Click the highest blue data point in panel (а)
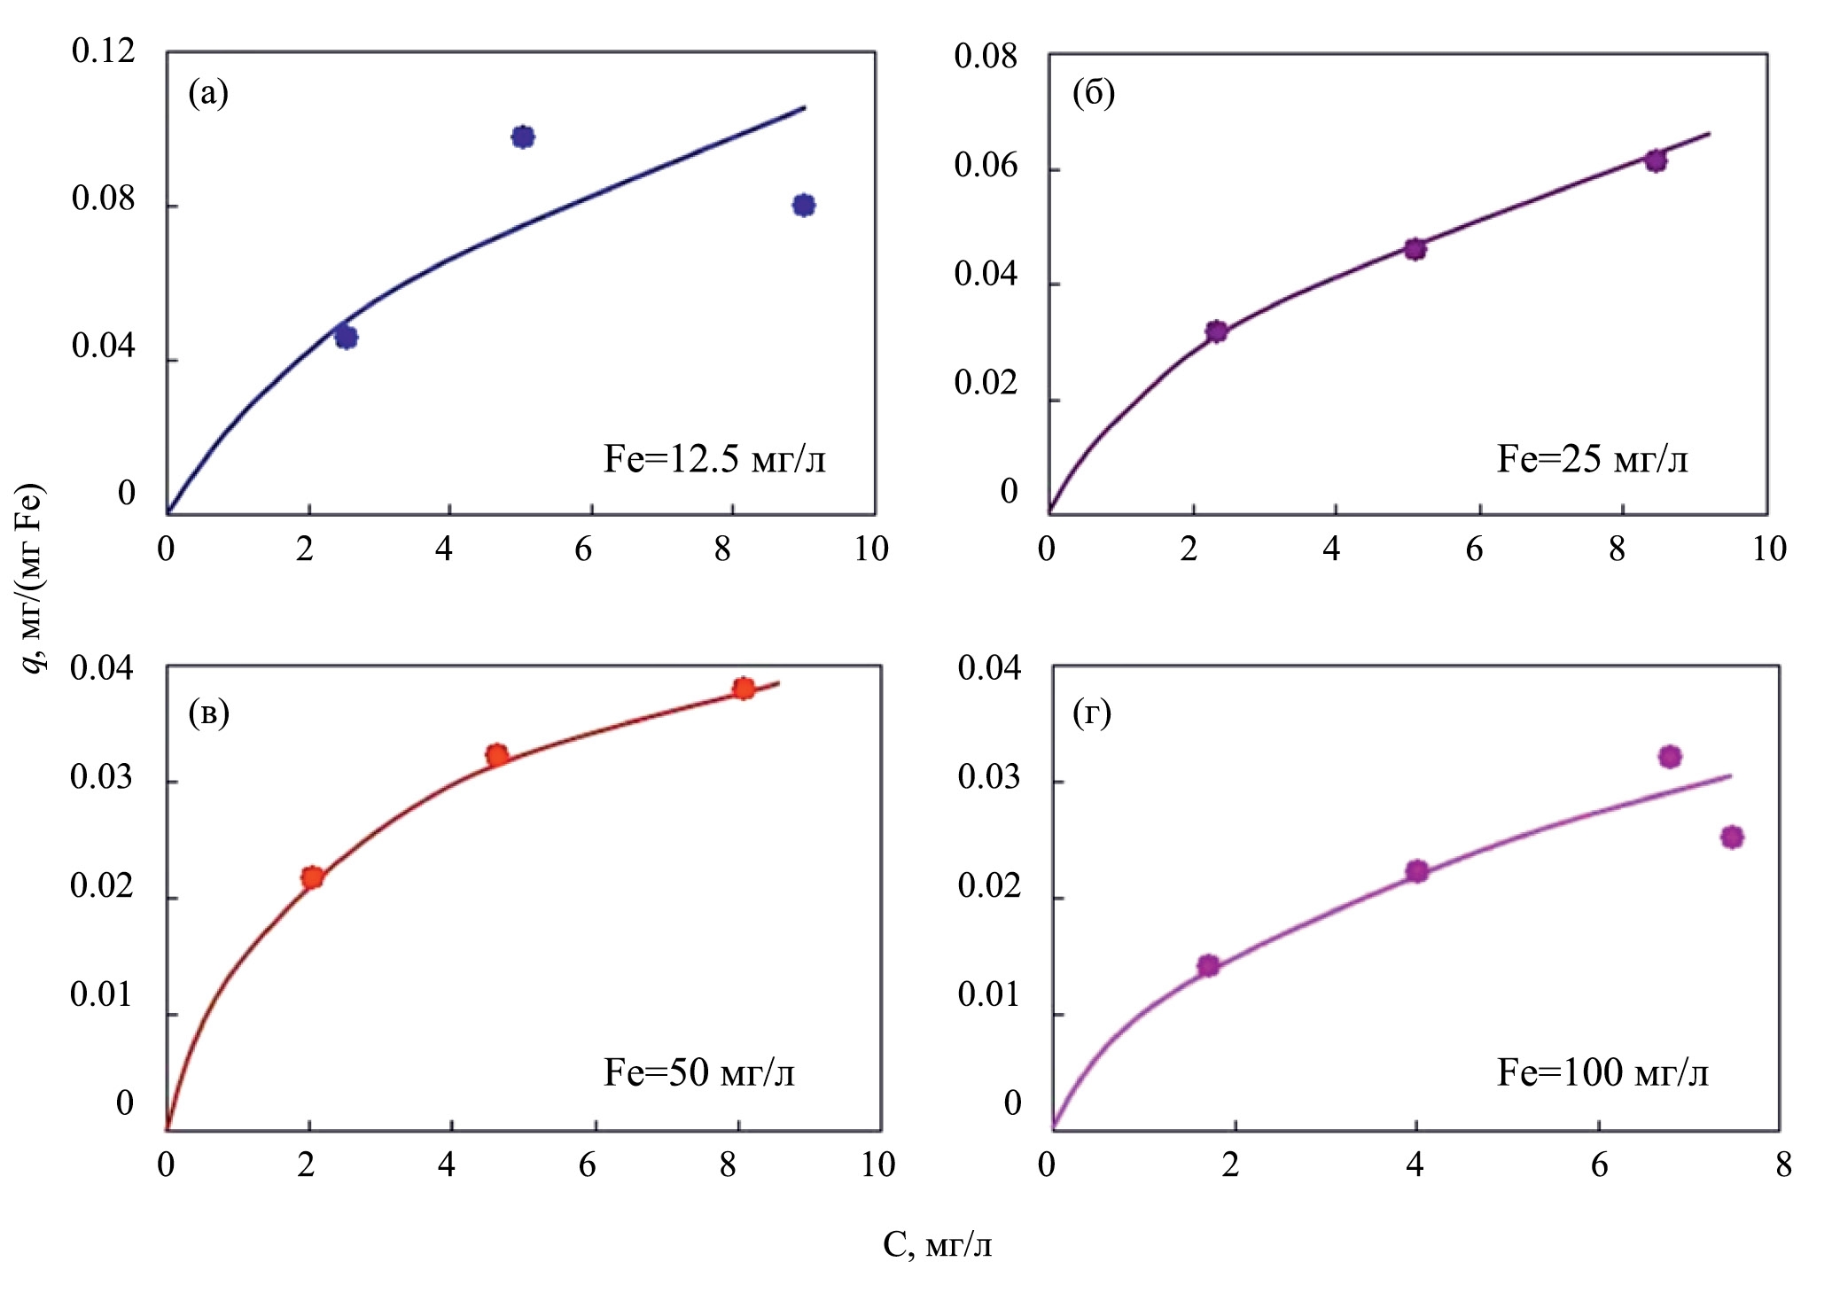[x=523, y=136]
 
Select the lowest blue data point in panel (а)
[x=347, y=337]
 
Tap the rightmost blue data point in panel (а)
[x=804, y=206]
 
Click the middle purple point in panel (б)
[x=1415, y=249]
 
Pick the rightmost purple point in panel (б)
[x=1656, y=160]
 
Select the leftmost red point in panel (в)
[x=312, y=877]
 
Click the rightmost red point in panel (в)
[x=744, y=689]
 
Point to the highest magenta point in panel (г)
[x=1671, y=756]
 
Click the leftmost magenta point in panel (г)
[x=1208, y=965]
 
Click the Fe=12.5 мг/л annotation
[x=714, y=459]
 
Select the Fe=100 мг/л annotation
[x=1602, y=1072]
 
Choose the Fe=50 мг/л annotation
[x=699, y=1072]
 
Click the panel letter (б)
[x=1094, y=92]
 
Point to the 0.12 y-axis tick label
[x=104, y=51]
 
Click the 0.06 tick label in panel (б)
[x=986, y=166]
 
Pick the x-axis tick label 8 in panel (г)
[x=1783, y=1165]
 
